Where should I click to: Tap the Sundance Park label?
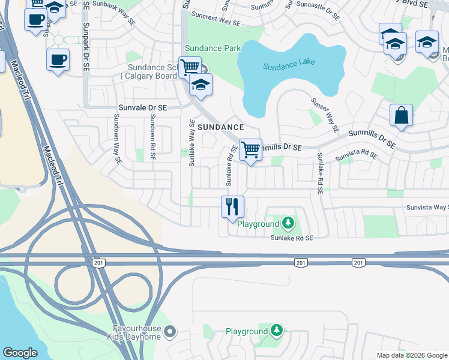point(212,48)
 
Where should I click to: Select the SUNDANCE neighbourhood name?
point(221,127)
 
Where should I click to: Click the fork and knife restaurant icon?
point(232,207)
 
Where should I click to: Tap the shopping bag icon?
point(400,115)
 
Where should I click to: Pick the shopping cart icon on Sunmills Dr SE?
point(250,149)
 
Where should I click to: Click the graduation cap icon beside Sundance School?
point(200,85)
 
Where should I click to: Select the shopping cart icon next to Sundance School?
point(190,67)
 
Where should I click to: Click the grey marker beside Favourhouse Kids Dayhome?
point(170,331)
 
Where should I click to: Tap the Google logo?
point(20,353)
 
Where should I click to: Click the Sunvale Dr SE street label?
point(142,107)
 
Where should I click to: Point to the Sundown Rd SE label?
point(153,139)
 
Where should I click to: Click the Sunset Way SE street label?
point(325,115)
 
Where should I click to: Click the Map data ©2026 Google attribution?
point(411,355)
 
